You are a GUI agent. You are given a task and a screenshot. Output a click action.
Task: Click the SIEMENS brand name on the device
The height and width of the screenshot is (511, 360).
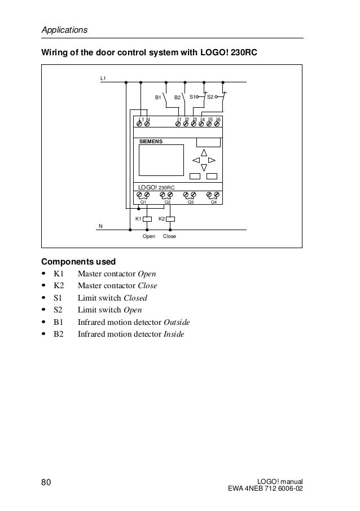[x=151, y=142]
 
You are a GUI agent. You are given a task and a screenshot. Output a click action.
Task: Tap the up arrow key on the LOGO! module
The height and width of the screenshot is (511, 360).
[x=204, y=152]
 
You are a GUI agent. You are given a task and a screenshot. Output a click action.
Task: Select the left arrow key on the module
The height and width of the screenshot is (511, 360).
[x=196, y=160]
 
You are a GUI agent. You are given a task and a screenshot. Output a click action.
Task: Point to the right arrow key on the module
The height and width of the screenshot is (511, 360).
[x=212, y=160]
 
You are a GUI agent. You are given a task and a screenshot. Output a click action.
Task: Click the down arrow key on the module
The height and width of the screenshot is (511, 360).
[x=204, y=168]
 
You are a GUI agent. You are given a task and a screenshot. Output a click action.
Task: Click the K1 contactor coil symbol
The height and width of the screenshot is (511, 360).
[x=147, y=219]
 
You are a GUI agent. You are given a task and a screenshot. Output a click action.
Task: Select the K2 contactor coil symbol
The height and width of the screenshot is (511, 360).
[x=170, y=219]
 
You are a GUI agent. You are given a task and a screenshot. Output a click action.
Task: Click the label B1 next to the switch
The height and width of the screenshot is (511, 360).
[x=159, y=98]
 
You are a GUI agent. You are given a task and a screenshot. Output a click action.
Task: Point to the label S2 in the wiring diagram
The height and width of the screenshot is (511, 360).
[x=210, y=97]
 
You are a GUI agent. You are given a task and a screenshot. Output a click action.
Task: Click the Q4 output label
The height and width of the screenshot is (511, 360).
[x=213, y=201]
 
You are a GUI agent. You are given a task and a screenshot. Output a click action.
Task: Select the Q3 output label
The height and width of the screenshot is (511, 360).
[x=191, y=201]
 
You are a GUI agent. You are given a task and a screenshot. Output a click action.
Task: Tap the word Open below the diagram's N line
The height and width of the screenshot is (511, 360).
[x=148, y=236]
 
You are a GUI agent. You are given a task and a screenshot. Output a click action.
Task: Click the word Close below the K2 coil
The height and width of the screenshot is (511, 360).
[x=170, y=236]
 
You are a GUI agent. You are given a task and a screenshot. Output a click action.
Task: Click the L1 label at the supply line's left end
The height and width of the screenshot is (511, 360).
[x=103, y=76]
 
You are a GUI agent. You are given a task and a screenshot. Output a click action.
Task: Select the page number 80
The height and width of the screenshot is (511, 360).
[x=47, y=481]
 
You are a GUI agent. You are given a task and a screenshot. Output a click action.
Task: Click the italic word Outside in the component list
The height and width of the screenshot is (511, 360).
[x=177, y=322]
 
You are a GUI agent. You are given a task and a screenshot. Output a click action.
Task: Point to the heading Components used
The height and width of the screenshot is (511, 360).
[x=78, y=262]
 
